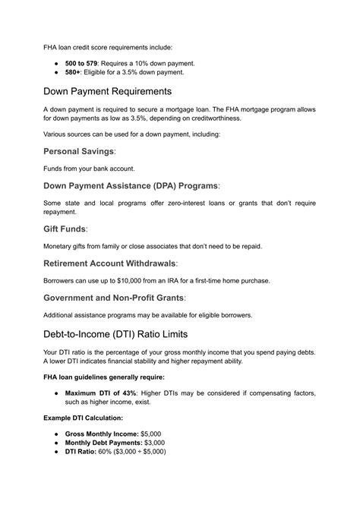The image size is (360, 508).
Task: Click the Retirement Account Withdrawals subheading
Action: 109,263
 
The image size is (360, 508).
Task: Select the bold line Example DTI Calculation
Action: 81,417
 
